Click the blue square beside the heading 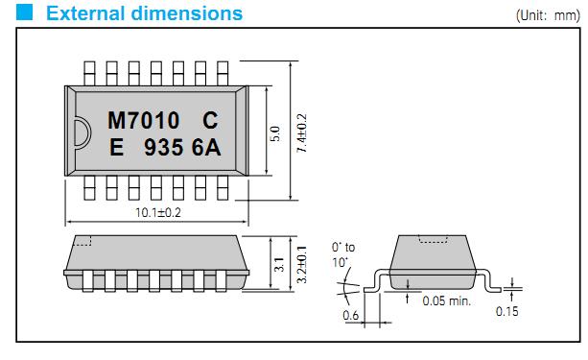point(24,12)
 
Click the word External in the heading point(85,13)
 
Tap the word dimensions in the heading point(187,13)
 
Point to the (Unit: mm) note point(548,15)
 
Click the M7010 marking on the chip point(144,121)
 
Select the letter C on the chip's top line point(210,121)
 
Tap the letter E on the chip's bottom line point(117,147)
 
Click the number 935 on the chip point(164,147)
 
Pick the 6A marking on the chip point(206,147)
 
